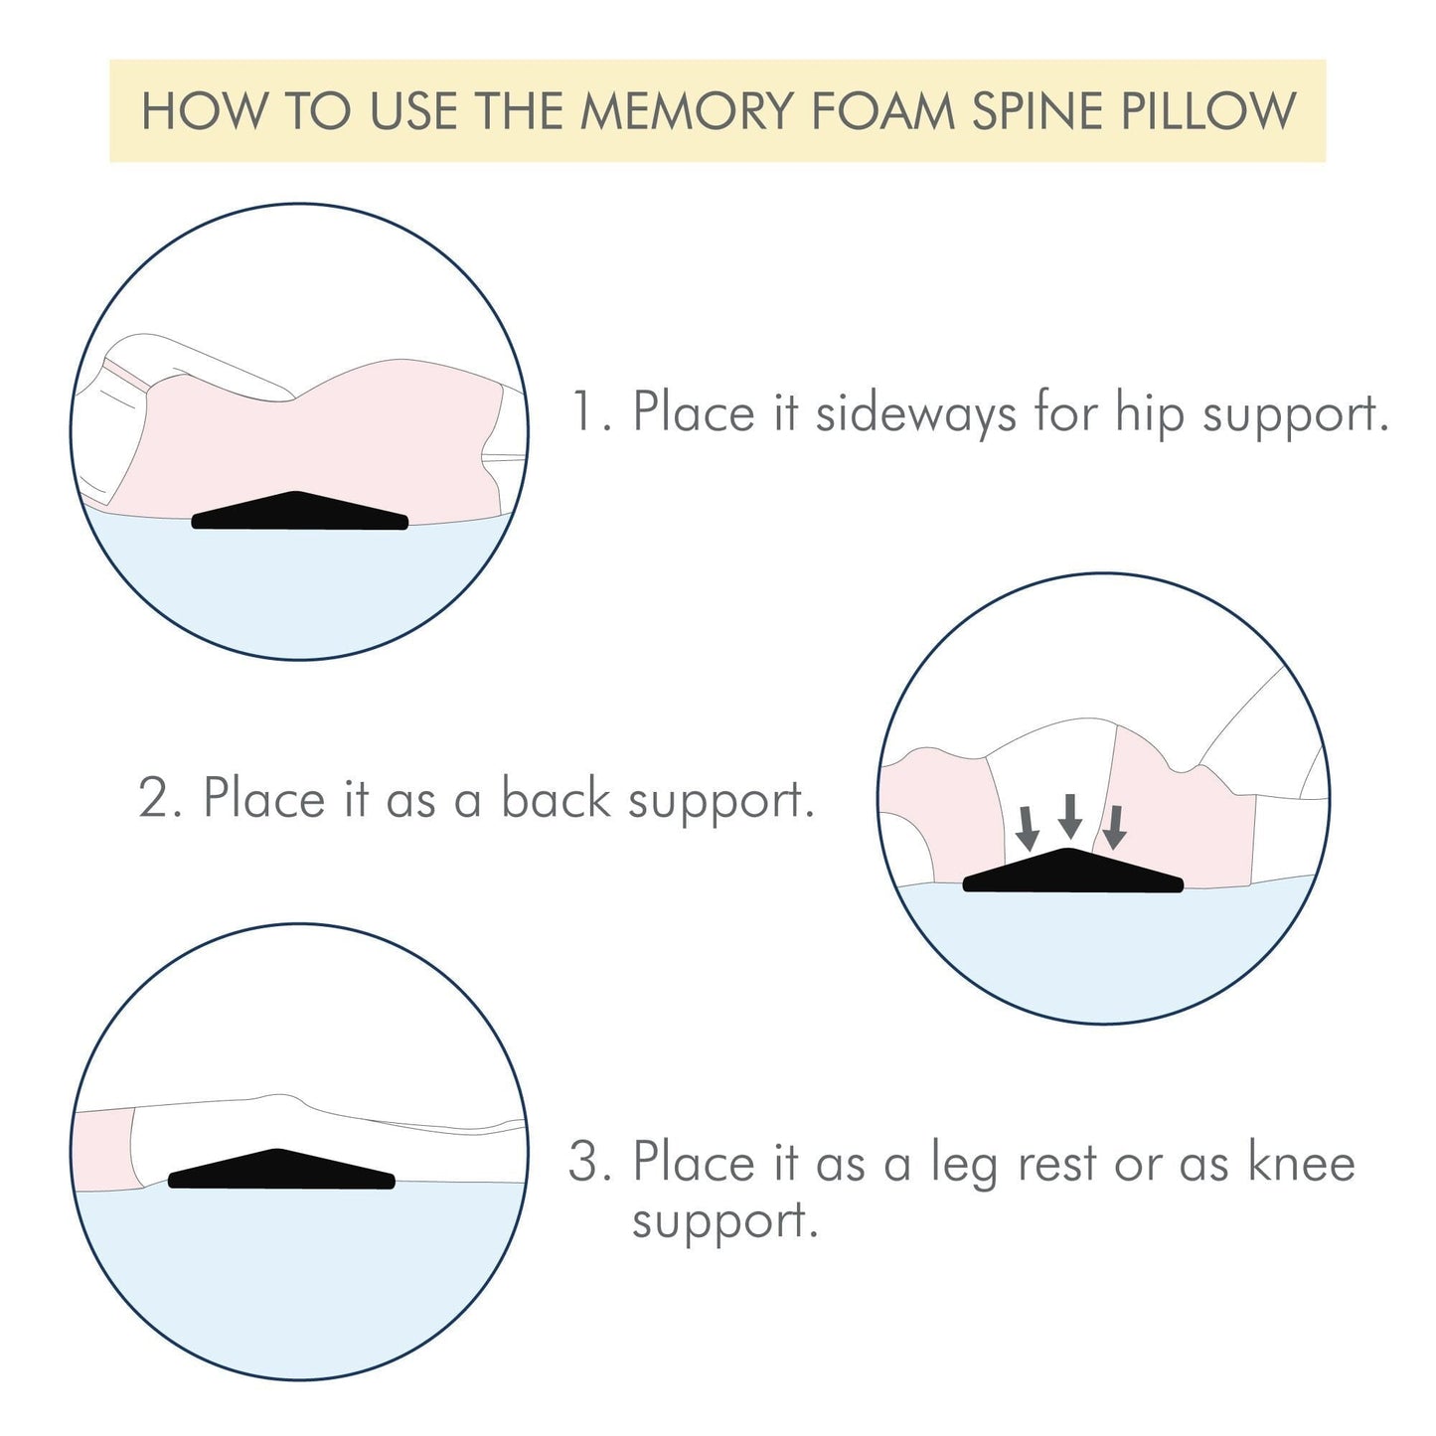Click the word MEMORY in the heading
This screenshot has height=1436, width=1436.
(688, 111)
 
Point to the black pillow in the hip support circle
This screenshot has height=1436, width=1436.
(299, 513)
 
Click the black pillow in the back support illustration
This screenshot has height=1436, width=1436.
(1072, 873)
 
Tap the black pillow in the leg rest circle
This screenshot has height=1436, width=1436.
(281, 1171)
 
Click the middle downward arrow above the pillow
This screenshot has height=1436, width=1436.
(1069, 816)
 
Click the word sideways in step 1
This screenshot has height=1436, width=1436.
(915, 412)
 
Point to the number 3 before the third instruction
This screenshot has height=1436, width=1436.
(586, 1162)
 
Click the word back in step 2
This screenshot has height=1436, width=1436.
(555, 798)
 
